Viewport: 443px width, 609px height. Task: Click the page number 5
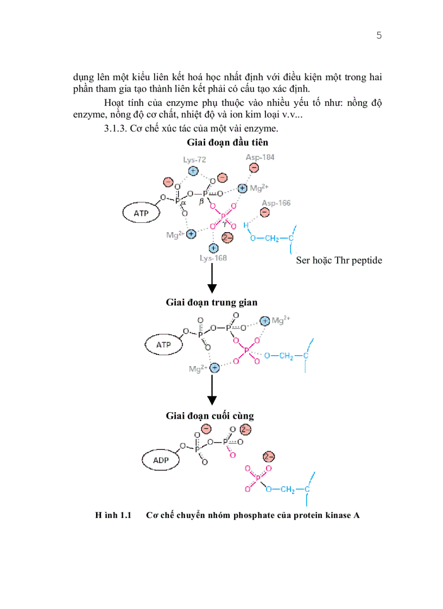pyautogui.click(x=379, y=36)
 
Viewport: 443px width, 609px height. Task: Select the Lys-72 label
pyautogui.click(x=194, y=160)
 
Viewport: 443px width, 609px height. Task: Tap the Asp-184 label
pyautogui.click(x=260, y=157)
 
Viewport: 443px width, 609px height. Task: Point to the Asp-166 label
pyautogui.click(x=276, y=203)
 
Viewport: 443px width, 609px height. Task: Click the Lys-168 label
pyautogui.click(x=213, y=258)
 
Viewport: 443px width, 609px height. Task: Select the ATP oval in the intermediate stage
pyautogui.click(x=163, y=345)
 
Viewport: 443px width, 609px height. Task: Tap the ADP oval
pyautogui.click(x=161, y=460)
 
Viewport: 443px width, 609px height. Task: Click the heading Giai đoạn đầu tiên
pyautogui.click(x=227, y=143)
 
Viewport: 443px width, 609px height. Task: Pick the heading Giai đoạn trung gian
pyautogui.click(x=212, y=302)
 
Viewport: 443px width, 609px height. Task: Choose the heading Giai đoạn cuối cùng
pyautogui.click(x=210, y=416)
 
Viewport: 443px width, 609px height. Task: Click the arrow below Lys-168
pyautogui.click(x=212, y=279)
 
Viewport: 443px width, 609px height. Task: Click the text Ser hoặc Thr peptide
pyautogui.click(x=339, y=260)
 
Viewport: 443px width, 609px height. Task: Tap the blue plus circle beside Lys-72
pyautogui.click(x=193, y=171)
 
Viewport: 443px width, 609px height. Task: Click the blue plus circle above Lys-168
pyautogui.click(x=213, y=248)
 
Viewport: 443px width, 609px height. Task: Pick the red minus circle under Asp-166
pyautogui.click(x=264, y=213)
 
